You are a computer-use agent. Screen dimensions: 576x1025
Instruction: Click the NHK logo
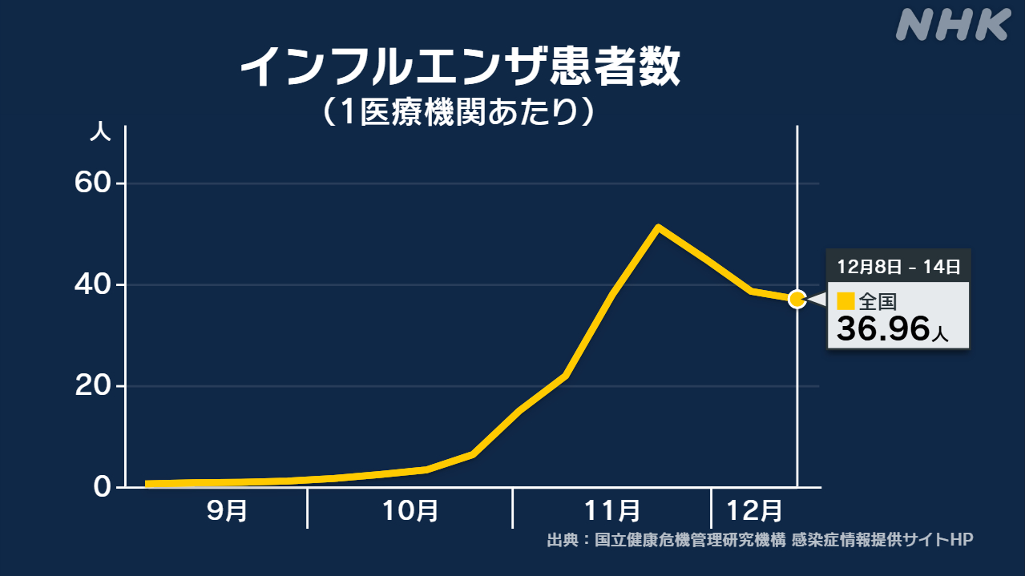(x=951, y=26)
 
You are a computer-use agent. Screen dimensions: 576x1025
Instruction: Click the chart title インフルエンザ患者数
(x=459, y=67)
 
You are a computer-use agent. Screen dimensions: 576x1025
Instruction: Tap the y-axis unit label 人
(x=101, y=133)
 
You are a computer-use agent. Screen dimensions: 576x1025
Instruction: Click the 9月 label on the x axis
(x=227, y=510)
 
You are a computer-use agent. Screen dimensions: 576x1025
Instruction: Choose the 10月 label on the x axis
(x=410, y=510)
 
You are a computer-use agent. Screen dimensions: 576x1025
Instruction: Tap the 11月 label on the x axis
(x=611, y=510)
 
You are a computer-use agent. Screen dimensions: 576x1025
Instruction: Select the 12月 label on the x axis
(x=753, y=510)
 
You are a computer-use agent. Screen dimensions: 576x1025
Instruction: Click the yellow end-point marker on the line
(x=797, y=299)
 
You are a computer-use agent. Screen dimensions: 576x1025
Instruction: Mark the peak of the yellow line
(x=658, y=228)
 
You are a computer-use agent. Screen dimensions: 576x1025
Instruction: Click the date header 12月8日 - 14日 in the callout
(x=898, y=266)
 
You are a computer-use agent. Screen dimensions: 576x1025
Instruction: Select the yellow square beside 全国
(x=845, y=301)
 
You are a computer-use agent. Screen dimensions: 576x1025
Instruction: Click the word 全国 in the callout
(x=877, y=302)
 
